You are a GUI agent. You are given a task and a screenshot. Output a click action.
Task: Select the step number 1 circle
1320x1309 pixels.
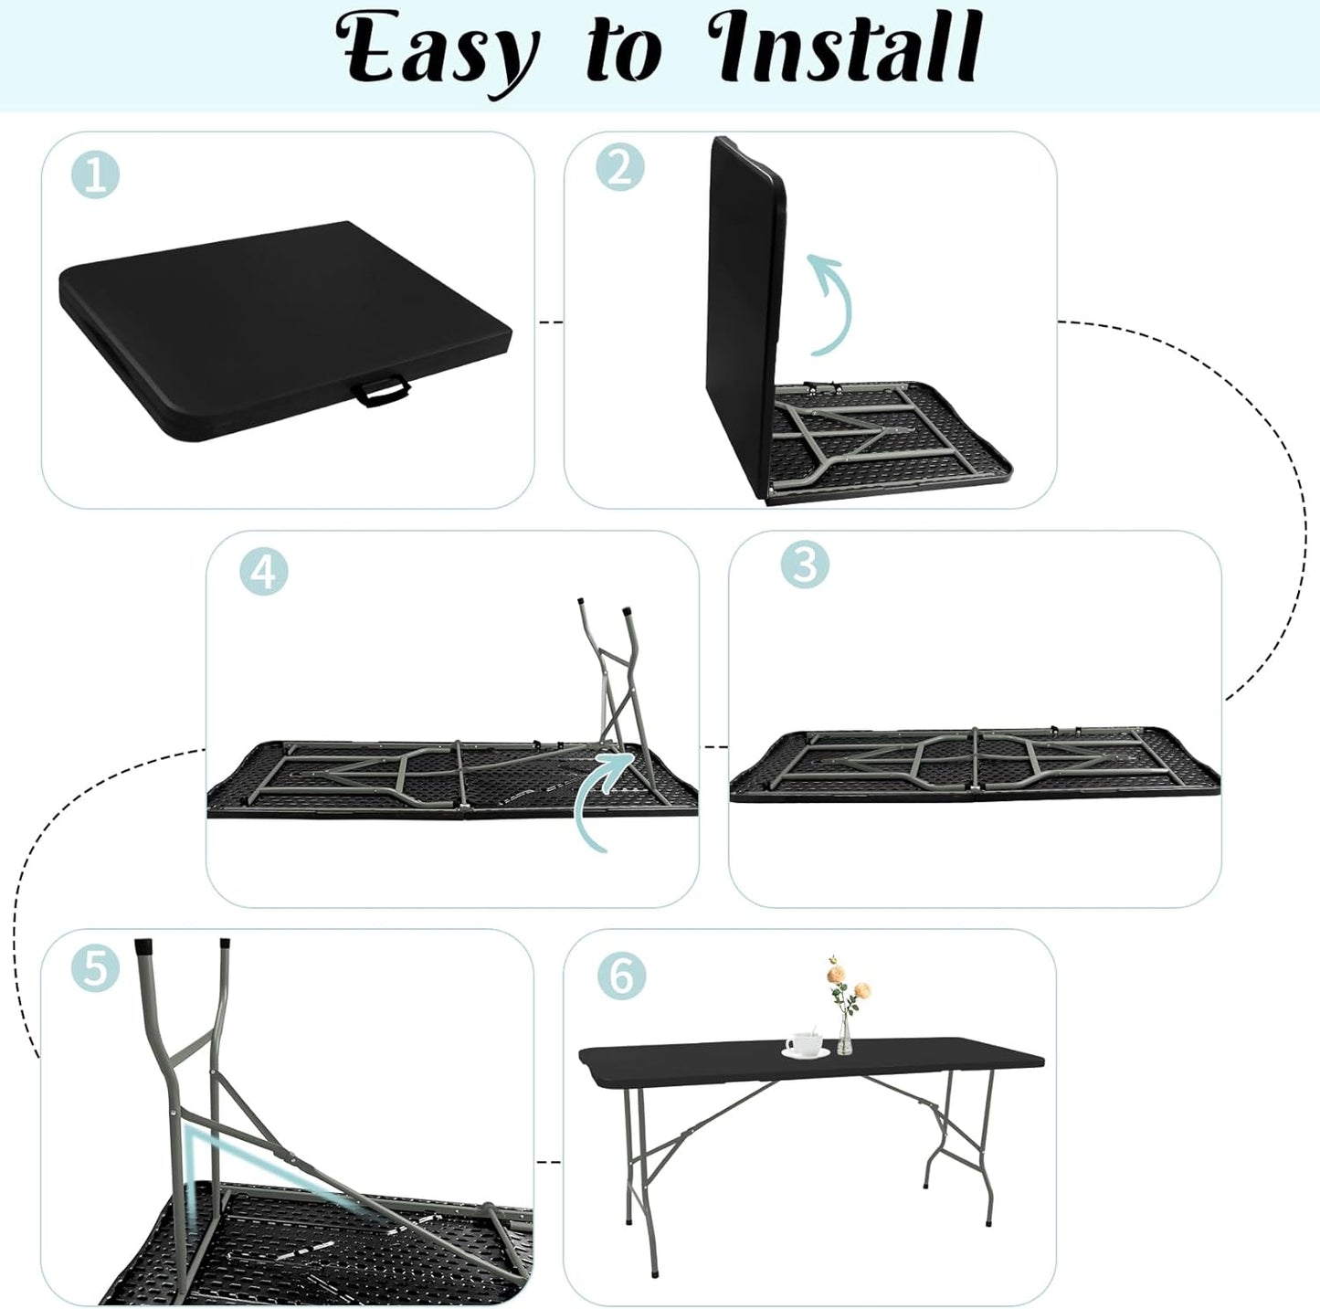point(95,174)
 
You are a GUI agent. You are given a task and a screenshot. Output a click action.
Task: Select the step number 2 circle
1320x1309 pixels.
point(620,167)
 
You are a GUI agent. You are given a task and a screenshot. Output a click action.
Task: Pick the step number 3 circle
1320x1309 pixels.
point(805,565)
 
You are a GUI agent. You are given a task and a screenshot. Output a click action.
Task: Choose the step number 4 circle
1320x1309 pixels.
point(263,573)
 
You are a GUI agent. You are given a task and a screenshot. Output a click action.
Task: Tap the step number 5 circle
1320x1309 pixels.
point(95,968)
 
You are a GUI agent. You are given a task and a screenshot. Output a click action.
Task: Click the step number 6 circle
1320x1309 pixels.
point(621,975)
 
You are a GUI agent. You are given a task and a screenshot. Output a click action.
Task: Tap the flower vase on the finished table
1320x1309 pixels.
point(845,1038)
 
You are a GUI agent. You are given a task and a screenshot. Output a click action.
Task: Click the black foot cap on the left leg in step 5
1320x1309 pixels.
point(143,946)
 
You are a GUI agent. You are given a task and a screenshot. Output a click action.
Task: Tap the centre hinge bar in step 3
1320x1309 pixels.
point(976,760)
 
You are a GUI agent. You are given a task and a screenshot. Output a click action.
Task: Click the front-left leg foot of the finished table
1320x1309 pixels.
point(654,1272)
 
